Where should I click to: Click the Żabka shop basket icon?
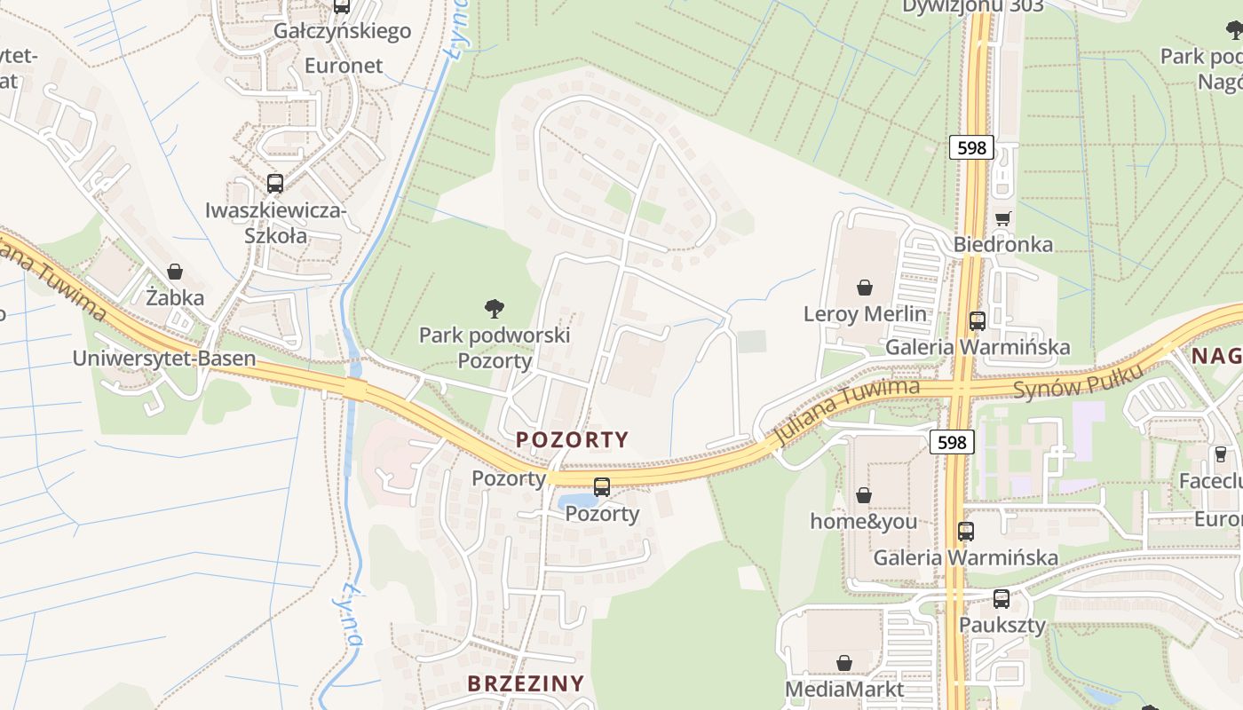(175, 272)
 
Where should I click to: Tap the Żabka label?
(175, 297)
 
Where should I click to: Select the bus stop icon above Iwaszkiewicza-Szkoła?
(275, 184)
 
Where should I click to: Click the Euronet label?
(344, 66)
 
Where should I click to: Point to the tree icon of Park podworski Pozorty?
(495, 309)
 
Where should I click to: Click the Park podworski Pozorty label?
(495, 348)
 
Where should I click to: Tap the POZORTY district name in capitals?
(573, 439)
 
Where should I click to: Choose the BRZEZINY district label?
(526, 683)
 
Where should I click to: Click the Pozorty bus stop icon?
(602, 486)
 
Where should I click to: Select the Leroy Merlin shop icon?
(865, 288)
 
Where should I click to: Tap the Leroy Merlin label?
(865, 314)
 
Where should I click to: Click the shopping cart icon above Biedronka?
(1003, 218)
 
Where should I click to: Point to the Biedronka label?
(1003, 244)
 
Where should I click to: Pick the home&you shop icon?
(864, 495)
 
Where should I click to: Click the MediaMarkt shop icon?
(844, 663)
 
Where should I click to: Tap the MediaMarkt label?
(844, 689)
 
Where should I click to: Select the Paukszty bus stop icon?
(1002, 598)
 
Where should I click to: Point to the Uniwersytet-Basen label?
(164, 359)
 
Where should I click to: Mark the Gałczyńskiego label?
(343, 31)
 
